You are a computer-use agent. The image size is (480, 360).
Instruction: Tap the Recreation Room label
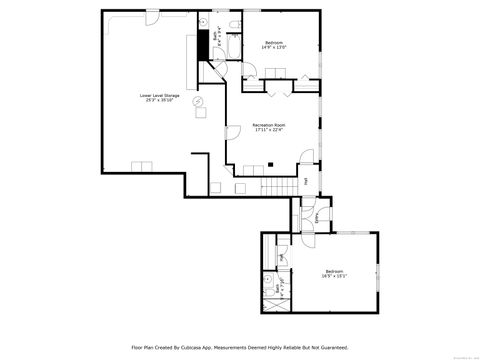(269, 128)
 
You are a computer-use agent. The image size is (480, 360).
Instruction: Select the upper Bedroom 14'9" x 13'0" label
(275, 44)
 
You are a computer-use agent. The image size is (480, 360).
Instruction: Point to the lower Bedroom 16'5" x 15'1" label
(334, 274)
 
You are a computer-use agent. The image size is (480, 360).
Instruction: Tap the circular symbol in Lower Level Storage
(197, 101)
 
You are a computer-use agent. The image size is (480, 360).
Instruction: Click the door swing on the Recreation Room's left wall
(231, 137)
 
